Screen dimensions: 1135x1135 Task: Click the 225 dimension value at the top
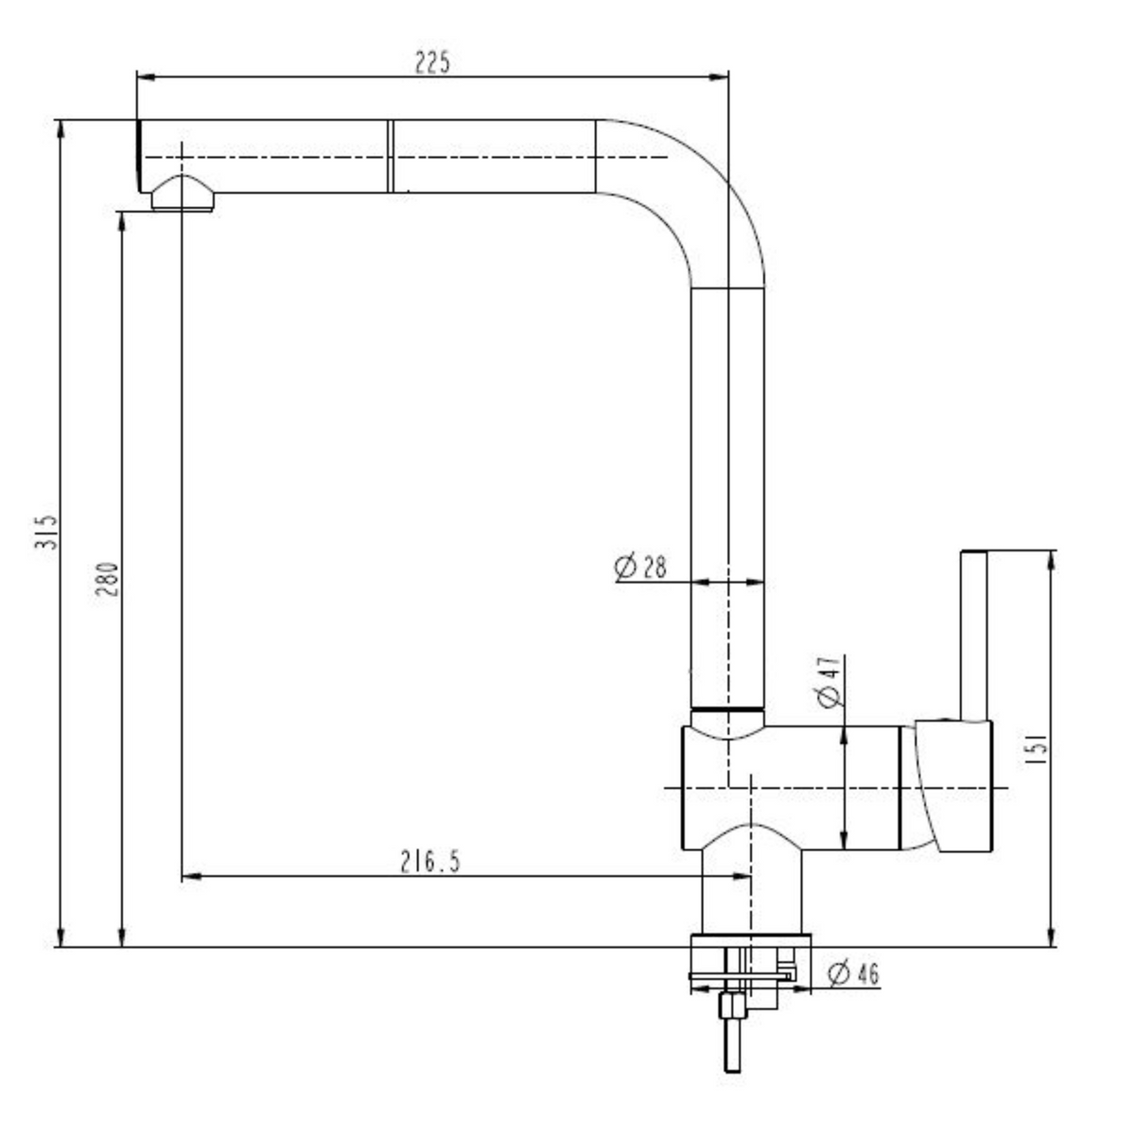432,62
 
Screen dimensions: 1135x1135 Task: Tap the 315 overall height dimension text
46,533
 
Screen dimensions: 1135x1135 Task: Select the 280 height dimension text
108,579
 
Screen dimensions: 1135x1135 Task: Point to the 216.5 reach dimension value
429,863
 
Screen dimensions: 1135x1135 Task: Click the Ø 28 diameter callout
640,567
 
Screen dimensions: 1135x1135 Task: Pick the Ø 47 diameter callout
829,681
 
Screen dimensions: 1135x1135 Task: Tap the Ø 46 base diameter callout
853,973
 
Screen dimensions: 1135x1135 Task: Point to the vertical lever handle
973,636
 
